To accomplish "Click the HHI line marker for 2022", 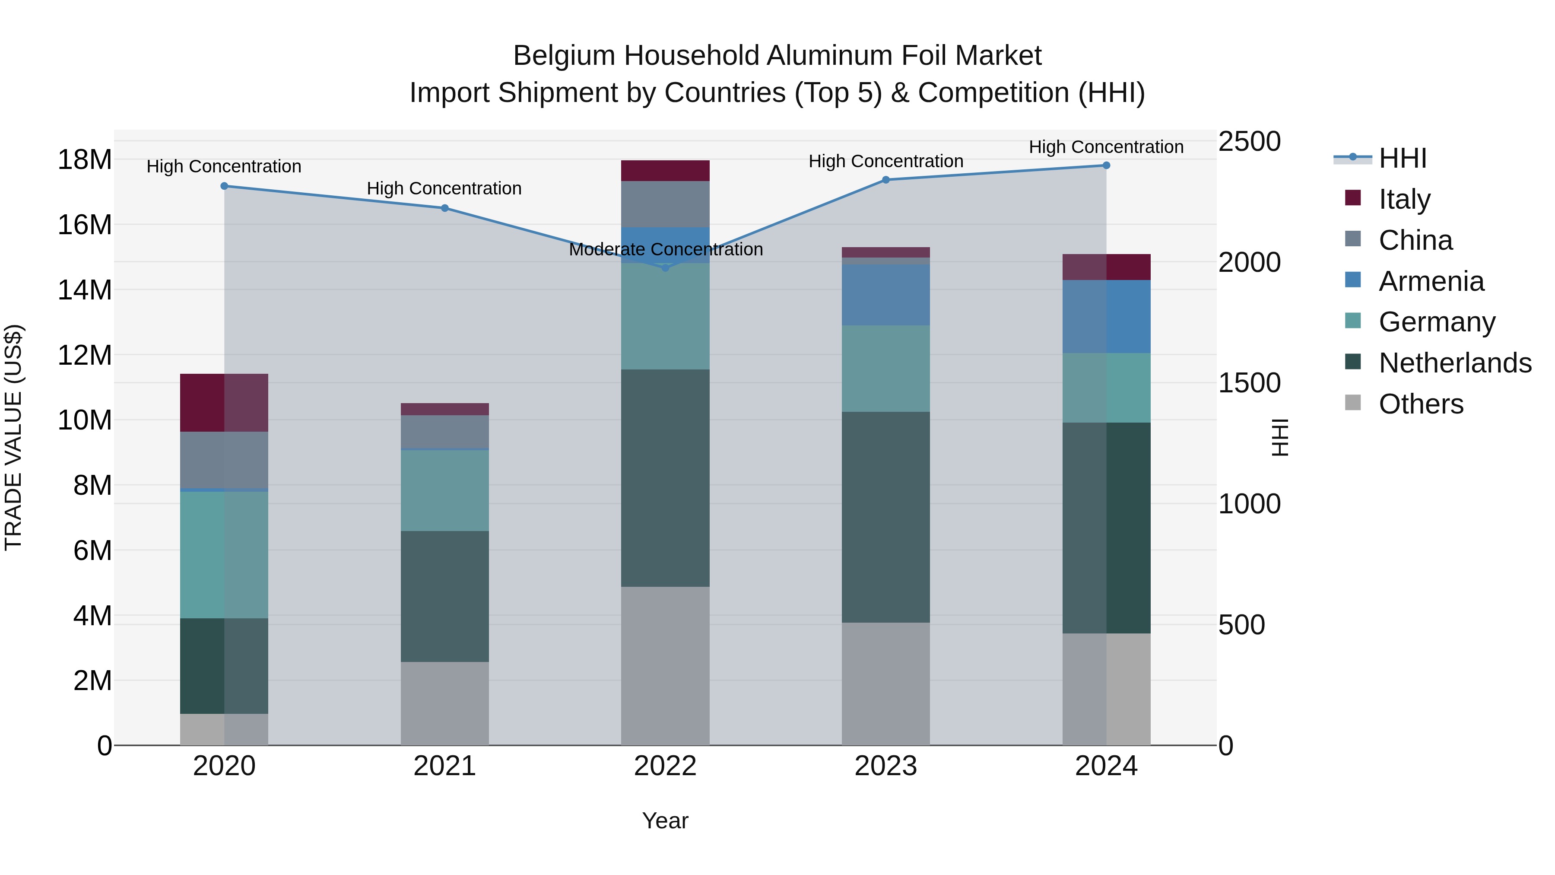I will click(665, 267).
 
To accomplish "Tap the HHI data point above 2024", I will click(1106, 165).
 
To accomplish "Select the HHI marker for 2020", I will click(224, 186).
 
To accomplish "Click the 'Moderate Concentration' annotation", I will click(665, 249).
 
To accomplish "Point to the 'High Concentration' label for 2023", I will click(885, 161).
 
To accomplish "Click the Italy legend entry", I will click(1404, 199).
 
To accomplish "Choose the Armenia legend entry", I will click(1431, 281).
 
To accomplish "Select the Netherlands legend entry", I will click(1455, 363).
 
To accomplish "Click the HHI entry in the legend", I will click(1402, 158).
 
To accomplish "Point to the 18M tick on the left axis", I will click(85, 160).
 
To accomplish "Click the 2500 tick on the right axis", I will click(1249, 141).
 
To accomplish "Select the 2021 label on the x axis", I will click(444, 766).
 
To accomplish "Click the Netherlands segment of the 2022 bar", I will click(665, 477).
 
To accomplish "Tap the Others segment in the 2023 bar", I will click(885, 684).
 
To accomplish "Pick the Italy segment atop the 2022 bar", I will click(665, 170).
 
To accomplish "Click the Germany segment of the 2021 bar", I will click(444, 490).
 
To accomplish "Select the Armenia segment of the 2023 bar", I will click(885, 295).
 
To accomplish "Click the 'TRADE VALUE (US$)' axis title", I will click(13, 437).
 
